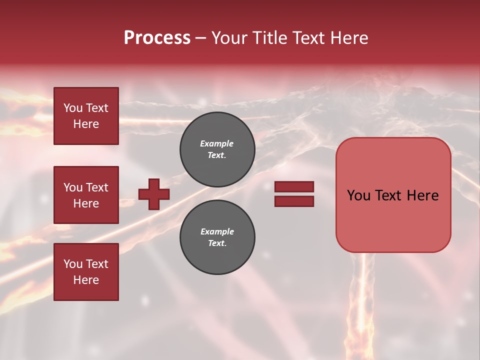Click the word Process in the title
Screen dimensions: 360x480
click(x=157, y=38)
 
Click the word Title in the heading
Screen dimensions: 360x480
click(x=270, y=38)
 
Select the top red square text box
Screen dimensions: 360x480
click(x=86, y=116)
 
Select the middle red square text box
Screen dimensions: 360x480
click(x=86, y=195)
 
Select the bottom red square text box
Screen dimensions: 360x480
click(x=86, y=272)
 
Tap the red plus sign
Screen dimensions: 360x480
click(x=154, y=194)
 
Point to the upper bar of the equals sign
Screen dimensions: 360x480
click(x=294, y=187)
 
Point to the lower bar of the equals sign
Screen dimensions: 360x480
click(x=294, y=201)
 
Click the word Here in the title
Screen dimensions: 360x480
click(x=348, y=38)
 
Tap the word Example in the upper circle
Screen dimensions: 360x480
click(x=216, y=143)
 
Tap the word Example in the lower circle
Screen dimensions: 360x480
click(x=217, y=231)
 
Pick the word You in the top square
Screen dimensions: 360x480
click(x=72, y=108)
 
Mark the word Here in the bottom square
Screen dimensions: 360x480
click(x=86, y=280)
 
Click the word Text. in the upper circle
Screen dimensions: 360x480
click(x=217, y=155)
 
